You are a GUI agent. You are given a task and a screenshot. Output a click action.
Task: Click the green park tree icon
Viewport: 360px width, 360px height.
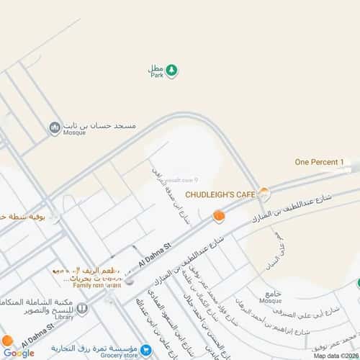click(172, 70)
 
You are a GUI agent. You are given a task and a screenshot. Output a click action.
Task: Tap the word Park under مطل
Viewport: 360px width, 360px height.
click(156, 75)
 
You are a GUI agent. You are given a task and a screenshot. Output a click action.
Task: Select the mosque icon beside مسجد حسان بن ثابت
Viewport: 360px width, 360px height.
click(54, 127)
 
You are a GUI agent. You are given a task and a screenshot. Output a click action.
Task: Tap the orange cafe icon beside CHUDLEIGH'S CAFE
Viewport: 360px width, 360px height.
click(265, 193)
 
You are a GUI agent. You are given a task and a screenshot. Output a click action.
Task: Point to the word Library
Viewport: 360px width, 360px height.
click(64, 315)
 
